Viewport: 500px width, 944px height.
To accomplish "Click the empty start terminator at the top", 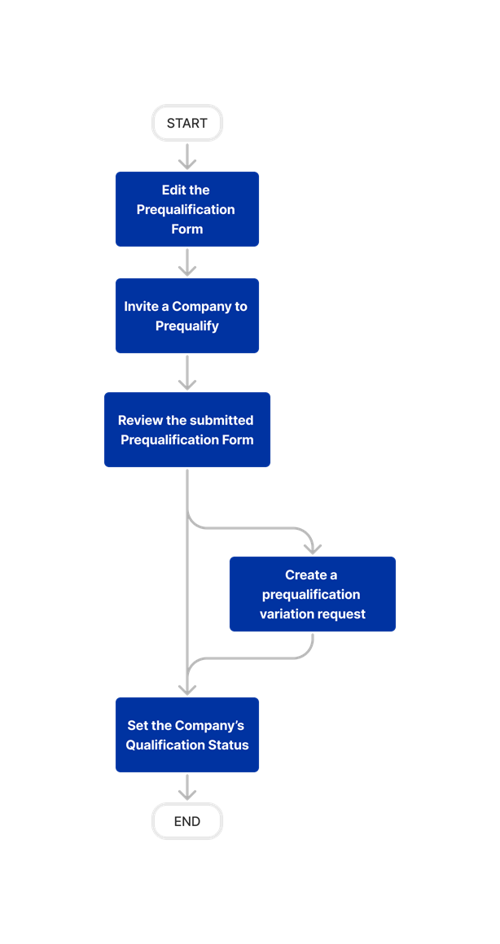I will (187, 123).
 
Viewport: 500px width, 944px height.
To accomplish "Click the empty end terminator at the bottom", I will (187, 820).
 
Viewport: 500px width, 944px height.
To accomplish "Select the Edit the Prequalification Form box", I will (187, 209).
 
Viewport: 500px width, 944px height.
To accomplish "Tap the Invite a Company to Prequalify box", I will (187, 316).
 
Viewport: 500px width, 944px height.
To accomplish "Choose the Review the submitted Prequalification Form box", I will (187, 430).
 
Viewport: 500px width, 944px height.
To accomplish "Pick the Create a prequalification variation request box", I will (313, 594).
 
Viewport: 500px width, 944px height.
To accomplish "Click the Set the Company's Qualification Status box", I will (187, 735).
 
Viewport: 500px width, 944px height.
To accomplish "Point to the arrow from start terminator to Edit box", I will (187, 156).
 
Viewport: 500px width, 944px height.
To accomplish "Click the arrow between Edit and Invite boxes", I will (187, 262).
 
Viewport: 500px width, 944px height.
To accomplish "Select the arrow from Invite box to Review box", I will (187, 373).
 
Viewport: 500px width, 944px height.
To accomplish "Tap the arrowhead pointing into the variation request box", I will (313, 548).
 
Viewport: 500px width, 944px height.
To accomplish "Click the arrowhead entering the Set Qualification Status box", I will (187, 688).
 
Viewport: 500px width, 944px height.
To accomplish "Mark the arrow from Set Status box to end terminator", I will (187, 787).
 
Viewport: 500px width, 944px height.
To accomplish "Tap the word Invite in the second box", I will (142, 307).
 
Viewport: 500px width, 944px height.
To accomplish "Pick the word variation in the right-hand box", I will (287, 614).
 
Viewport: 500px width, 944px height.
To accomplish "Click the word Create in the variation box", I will (305, 575).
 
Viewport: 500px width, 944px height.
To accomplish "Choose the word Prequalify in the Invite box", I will (187, 326).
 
